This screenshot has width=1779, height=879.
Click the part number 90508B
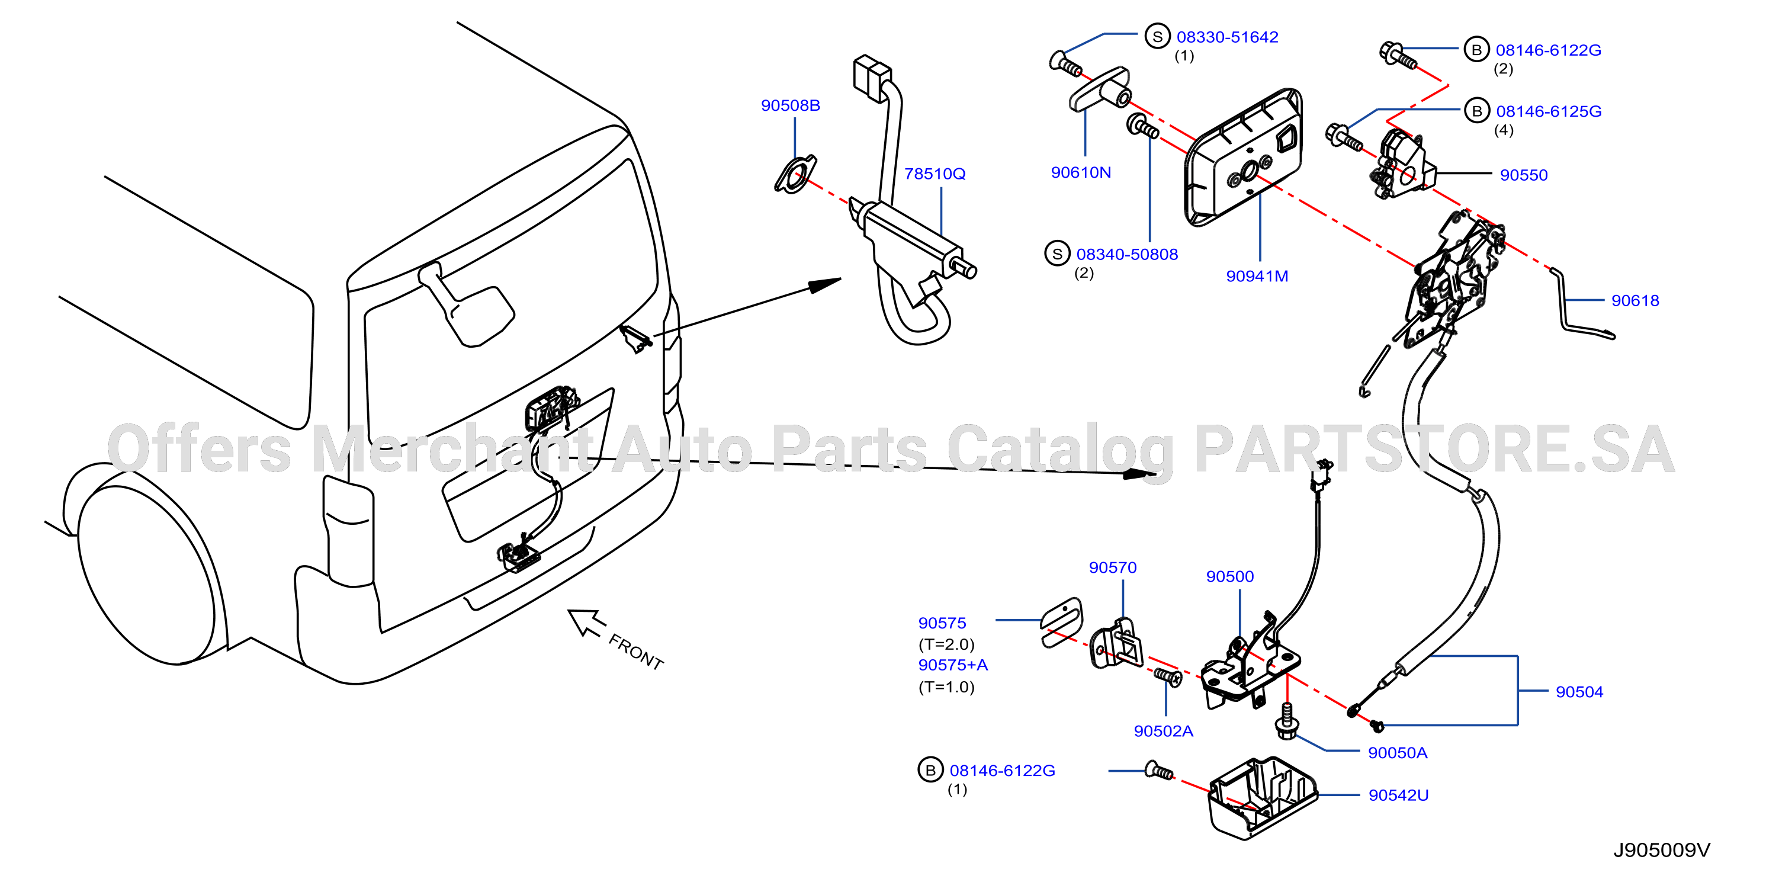click(790, 105)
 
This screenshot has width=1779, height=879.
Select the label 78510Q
click(935, 174)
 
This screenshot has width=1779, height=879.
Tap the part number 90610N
click(1081, 172)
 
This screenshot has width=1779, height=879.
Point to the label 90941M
click(1257, 276)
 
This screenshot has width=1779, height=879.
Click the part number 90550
click(1524, 175)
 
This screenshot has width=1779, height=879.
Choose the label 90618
click(1635, 301)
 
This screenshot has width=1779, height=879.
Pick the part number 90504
click(1579, 692)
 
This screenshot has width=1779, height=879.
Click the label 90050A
click(1397, 753)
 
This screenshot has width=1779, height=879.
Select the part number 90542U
click(1398, 795)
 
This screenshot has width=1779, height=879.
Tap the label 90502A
click(1163, 732)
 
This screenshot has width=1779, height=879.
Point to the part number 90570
click(1113, 567)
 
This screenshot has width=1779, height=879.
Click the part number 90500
click(1230, 576)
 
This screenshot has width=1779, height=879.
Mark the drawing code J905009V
click(1662, 850)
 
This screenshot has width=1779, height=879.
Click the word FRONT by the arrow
click(635, 652)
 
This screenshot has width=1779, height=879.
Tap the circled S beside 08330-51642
click(1157, 37)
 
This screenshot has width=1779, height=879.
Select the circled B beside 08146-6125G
click(1476, 111)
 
